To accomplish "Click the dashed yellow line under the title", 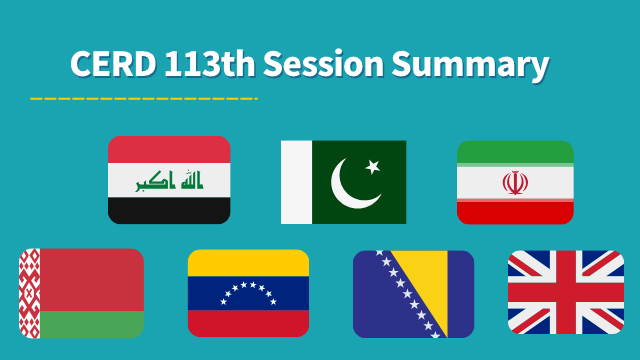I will click(x=144, y=98).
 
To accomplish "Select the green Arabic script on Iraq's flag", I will click(x=169, y=181).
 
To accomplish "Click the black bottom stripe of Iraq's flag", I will click(x=169, y=210).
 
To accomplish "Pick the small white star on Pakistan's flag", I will click(x=373, y=165).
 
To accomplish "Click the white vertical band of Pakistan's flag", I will click(x=296, y=182).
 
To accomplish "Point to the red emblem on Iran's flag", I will click(x=515, y=182).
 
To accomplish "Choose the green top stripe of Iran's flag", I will click(x=515, y=151).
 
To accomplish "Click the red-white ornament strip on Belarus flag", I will click(x=29, y=293).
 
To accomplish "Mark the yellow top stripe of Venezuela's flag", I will click(x=248, y=262).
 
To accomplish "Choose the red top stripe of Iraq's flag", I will click(x=169, y=149).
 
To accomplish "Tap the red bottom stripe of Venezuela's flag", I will click(x=248, y=323).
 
